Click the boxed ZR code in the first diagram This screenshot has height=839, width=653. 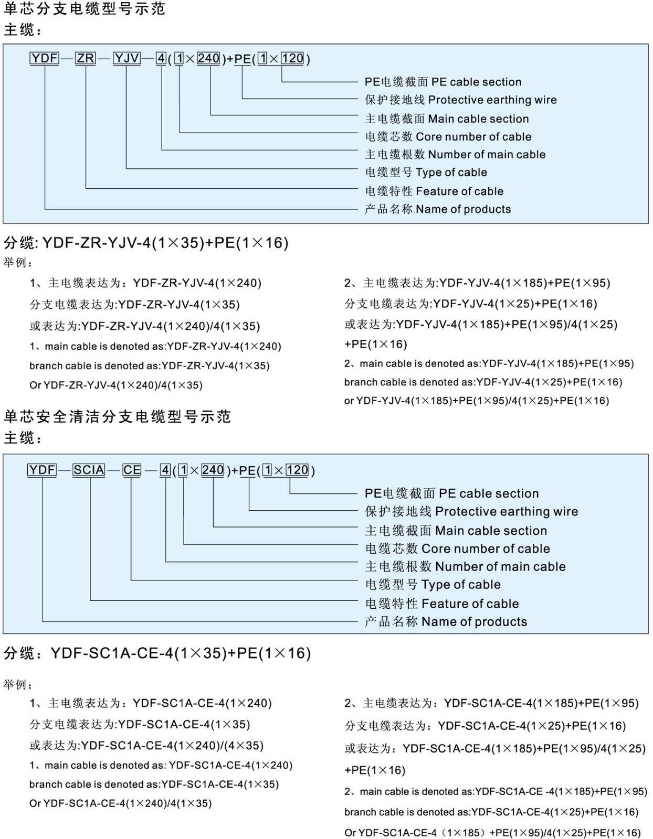coord(86,58)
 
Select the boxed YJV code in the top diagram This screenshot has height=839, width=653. coord(127,58)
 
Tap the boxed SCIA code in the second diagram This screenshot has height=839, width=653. coord(89,470)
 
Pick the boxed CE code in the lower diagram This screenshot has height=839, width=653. coord(132,470)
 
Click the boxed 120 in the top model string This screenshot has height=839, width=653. coord(292,58)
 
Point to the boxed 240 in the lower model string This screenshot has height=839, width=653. coord(213,470)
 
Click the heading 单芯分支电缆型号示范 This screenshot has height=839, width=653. coord(85,9)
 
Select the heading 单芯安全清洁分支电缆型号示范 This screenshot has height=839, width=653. coord(117,417)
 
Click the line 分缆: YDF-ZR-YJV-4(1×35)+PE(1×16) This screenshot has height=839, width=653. coord(146,243)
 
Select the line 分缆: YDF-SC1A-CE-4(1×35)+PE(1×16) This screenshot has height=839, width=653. coord(157,653)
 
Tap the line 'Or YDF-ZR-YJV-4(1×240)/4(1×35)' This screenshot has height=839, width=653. coord(115,385)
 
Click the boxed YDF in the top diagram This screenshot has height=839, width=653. coord(44,58)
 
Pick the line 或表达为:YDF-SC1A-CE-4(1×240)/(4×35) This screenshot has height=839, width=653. coord(146,745)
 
